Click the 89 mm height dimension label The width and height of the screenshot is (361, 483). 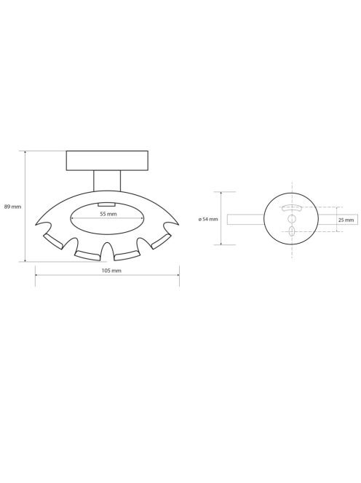pos(12,207)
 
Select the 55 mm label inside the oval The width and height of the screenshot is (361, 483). pos(108,214)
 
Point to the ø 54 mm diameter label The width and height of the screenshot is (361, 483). pos(208,219)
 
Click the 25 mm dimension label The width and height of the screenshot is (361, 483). pos(346,220)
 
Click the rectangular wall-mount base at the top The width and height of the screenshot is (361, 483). pos(107,161)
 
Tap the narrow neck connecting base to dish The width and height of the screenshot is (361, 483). pos(107,180)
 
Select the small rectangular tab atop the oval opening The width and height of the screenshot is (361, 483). pos(107,204)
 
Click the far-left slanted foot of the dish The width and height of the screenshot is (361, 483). pos(53,241)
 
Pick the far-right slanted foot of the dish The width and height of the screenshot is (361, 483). pos(161,241)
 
